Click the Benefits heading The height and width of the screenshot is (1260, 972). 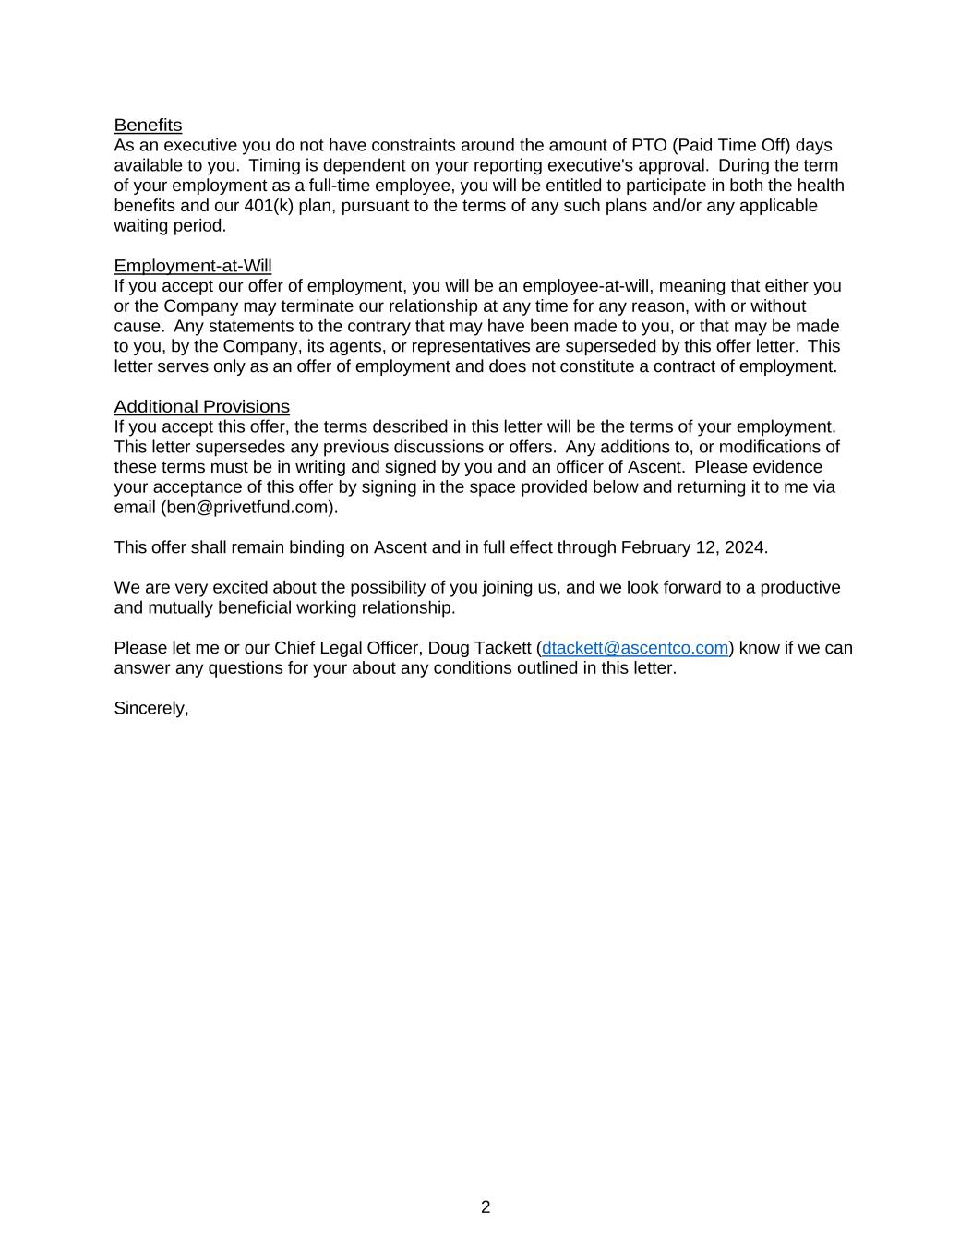[148, 125]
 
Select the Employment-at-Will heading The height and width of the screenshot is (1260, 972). [193, 266]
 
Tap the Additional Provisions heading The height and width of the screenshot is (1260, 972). [201, 406]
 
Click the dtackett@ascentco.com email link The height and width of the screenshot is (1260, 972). [635, 648]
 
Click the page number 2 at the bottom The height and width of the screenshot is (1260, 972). [486, 1207]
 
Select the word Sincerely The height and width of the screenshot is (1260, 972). [150, 708]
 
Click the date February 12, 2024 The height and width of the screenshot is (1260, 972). [692, 547]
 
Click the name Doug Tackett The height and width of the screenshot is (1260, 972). [479, 648]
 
